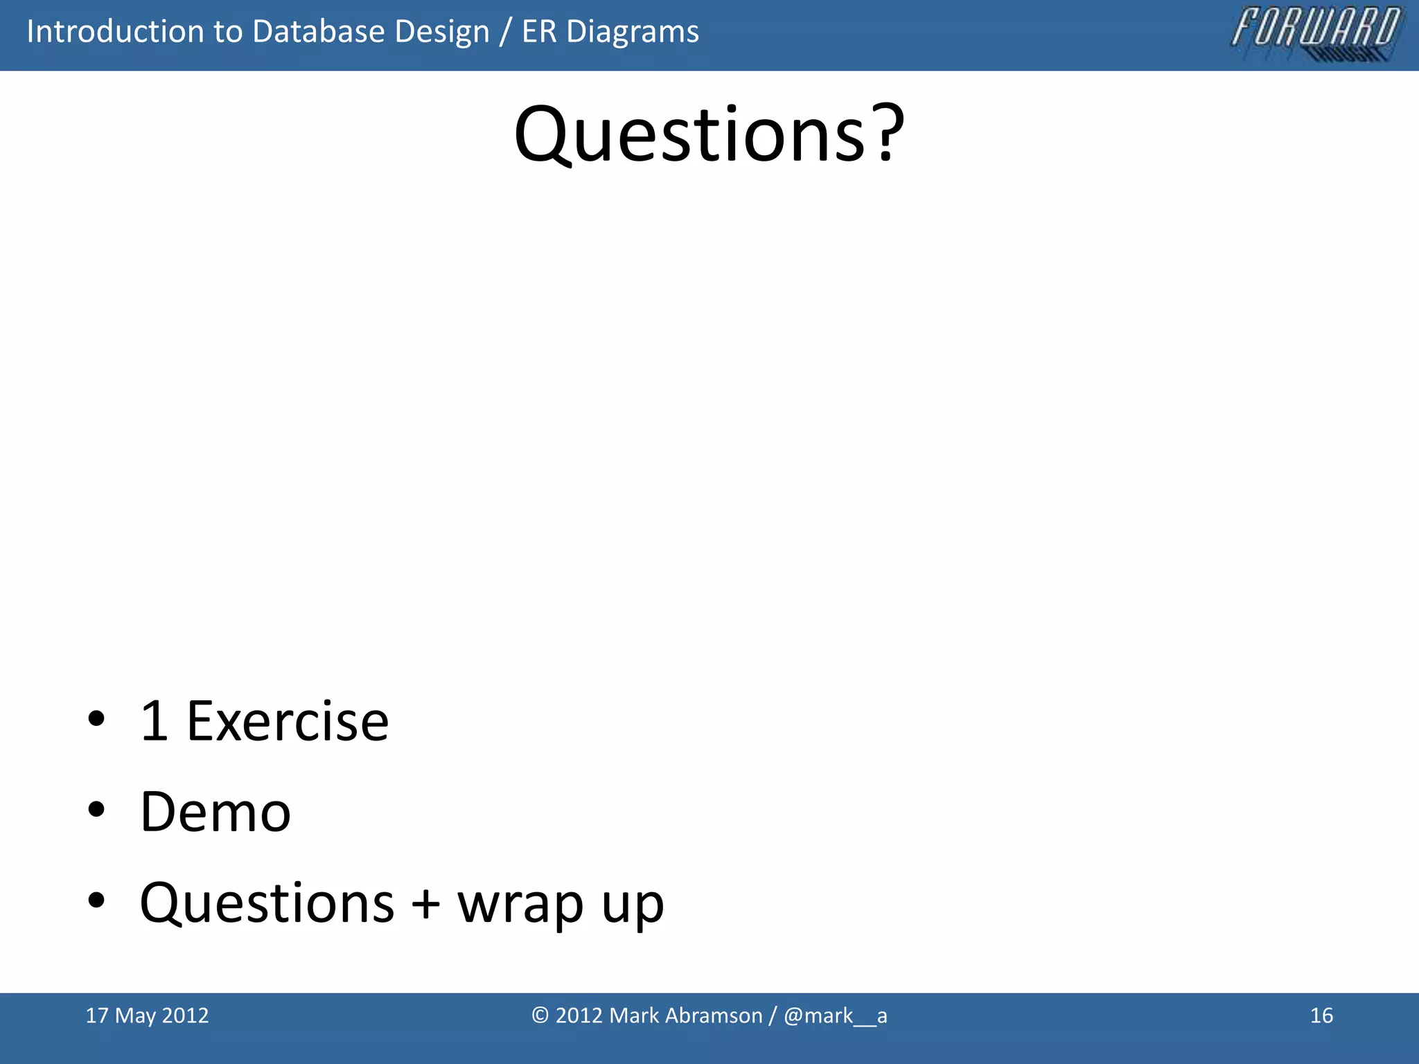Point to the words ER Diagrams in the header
610,32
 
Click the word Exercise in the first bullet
288,722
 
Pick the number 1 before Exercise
154,722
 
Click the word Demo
215,812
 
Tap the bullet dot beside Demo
96,810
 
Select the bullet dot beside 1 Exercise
96,719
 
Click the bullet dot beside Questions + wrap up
96,901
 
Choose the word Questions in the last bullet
267,903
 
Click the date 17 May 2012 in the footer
147,1016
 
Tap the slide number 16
1321,1016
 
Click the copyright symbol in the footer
540,1016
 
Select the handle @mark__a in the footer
835,1016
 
